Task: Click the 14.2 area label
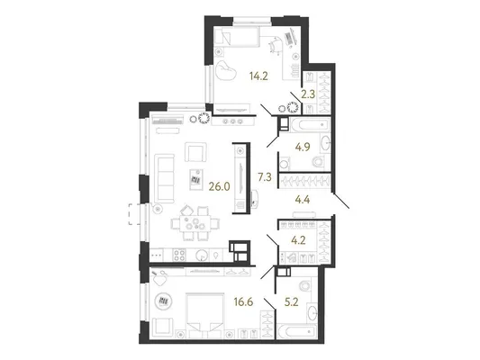(x=258, y=76)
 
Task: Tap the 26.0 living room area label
(x=219, y=186)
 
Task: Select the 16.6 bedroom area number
(x=244, y=302)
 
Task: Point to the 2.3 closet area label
(x=308, y=94)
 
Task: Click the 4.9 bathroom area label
(x=303, y=147)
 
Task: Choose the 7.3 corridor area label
(x=265, y=177)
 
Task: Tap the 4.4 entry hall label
(x=303, y=200)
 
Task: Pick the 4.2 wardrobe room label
(x=299, y=240)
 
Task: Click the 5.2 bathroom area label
(x=292, y=302)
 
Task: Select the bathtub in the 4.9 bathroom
(x=309, y=125)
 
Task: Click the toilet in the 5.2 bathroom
(x=304, y=285)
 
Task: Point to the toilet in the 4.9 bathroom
(x=319, y=161)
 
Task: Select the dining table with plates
(x=195, y=222)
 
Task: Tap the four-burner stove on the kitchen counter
(x=179, y=256)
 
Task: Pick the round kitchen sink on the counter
(x=202, y=255)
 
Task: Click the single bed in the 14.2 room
(x=237, y=36)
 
